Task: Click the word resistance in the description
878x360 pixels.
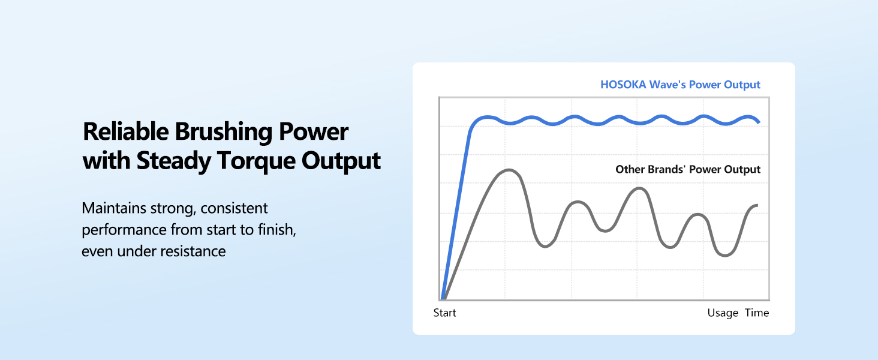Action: click(x=193, y=251)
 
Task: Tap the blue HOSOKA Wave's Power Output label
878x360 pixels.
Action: click(x=680, y=85)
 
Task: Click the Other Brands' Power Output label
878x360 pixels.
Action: click(x=688, y=170)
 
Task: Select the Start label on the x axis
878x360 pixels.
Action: click(x=444, y=313)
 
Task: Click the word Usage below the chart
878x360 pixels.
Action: click(x=723, y=313)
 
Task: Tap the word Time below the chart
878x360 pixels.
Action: click(x=757, y=313)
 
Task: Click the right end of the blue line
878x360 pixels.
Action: click(x=759, y=122)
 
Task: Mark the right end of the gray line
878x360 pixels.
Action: click(x=757, y=205)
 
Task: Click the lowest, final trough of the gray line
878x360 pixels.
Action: click(x=726, y=256)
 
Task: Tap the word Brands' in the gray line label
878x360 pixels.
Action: click(x=667, y=170)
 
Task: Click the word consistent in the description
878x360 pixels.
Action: click(x=234, y=209)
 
